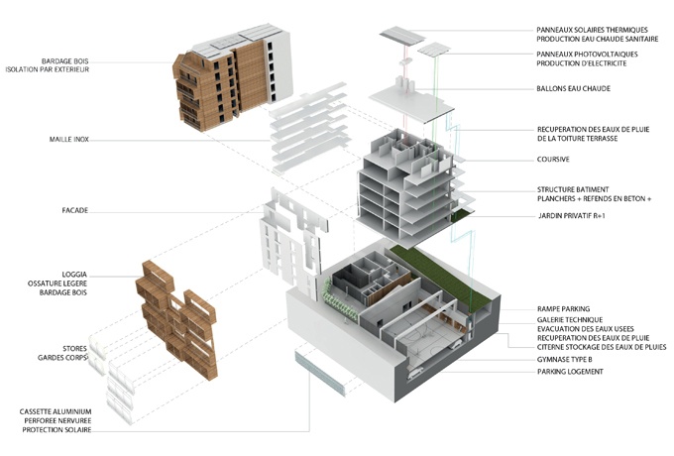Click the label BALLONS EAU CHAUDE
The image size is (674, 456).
click(574, 88)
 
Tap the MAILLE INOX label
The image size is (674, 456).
click(69, 139)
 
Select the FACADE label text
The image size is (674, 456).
click(74, 210)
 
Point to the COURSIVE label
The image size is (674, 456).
click(553, 159)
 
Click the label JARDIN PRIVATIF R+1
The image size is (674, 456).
click(572, 216)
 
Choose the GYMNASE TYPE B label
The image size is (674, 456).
click(565, 359)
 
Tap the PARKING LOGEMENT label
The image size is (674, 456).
click(570, 372)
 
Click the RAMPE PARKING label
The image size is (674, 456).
click(564, 308)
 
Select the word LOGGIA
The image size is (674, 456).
click(74, 275)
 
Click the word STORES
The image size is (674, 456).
click(74, 349)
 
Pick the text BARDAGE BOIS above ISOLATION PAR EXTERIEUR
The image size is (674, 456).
click(64, 61)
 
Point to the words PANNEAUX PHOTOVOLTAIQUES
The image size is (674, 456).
click(587, 55)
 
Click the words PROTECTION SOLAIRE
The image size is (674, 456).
click(56, 430)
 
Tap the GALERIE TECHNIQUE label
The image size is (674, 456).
click(570, 320)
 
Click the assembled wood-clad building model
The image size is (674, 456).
click(233, 77)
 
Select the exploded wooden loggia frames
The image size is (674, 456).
click(177, 319)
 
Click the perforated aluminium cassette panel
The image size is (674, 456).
click(320, 373)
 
